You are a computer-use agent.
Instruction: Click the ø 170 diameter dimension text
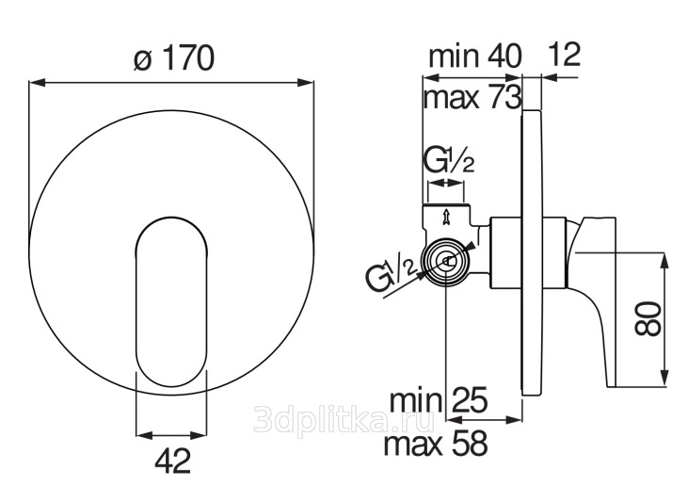(x=174, y=58)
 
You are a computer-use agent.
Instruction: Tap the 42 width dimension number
(x=173, y=461)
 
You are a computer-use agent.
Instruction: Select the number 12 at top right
(x=565, y=54)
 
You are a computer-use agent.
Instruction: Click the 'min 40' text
(x=474, y=56)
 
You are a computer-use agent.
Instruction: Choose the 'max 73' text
(x=472, y=97)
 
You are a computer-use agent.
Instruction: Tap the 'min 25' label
(x=439, y=400)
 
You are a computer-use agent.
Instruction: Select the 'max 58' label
(x=436, y=444)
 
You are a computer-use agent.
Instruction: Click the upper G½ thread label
(x=448, y=161)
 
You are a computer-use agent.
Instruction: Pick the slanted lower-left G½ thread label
(x=391, y=275)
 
